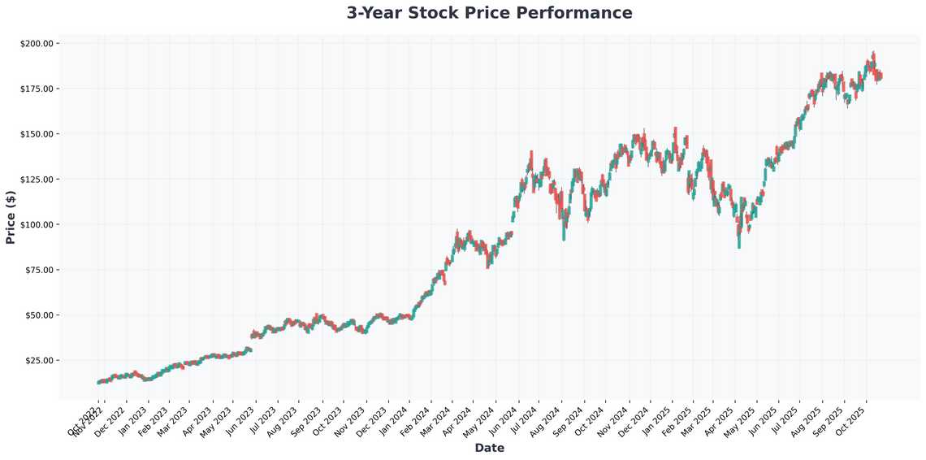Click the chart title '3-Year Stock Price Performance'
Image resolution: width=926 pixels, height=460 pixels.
489,13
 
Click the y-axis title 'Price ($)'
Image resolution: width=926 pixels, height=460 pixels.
11,218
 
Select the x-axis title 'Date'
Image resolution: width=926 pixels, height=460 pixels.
489,448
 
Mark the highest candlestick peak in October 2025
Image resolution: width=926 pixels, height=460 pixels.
873,52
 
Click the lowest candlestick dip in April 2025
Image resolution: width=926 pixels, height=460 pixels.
738,247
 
